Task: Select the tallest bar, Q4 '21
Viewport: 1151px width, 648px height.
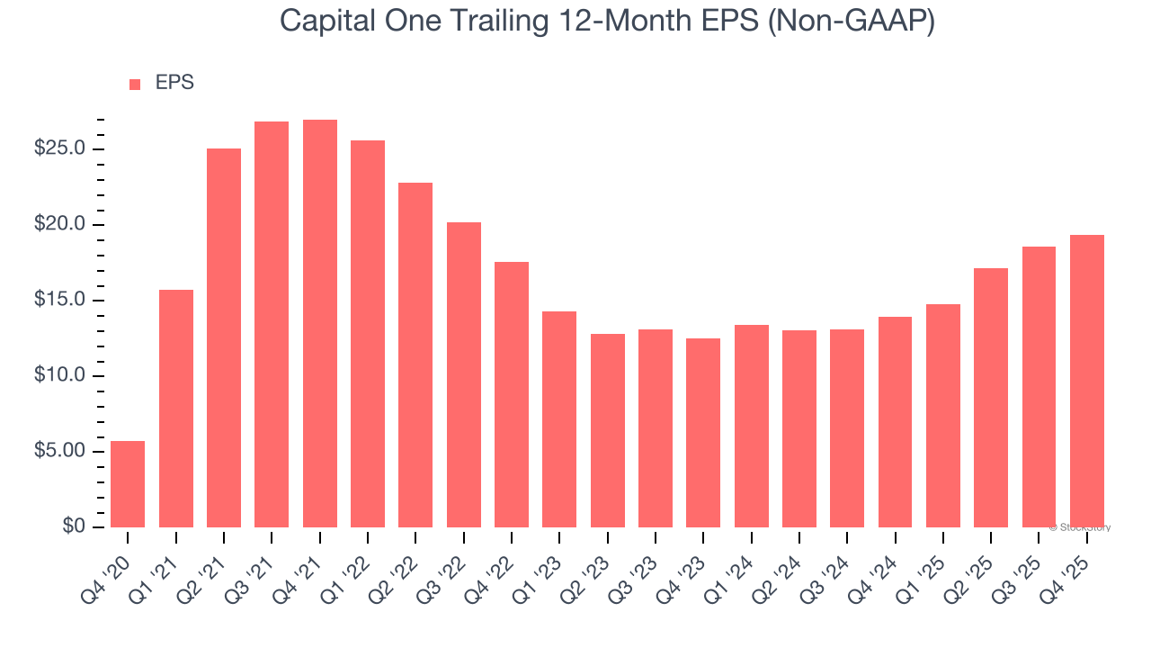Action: tap(319, 324)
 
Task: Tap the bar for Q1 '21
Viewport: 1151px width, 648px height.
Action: tap(176, 409)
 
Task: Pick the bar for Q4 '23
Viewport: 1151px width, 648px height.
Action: tap(703, 433)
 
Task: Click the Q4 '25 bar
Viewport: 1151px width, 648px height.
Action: tap(1086, 382)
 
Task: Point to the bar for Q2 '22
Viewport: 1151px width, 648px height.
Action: tap(415, 355)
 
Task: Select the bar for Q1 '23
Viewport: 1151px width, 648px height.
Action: tap(559, 419)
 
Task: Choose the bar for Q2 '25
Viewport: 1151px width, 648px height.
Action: tap(991, 398)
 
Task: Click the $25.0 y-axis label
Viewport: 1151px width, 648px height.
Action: tap(59, 148)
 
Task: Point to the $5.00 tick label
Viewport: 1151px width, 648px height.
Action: tap(59, 451)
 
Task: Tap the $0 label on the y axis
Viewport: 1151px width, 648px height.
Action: tap(74, 526)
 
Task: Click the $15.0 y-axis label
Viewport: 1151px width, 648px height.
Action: tap(59, 300)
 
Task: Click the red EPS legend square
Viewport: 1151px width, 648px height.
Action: tap(135, 84)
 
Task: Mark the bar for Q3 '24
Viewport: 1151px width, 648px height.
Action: tap(847, 428)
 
